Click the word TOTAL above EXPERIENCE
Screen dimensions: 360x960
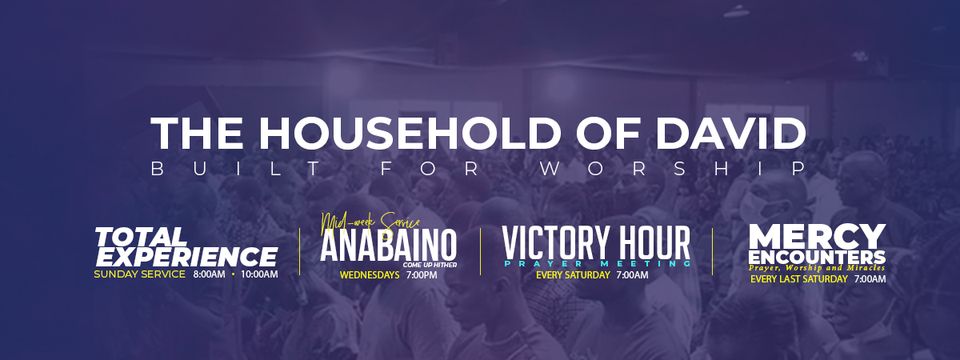click(141, 236)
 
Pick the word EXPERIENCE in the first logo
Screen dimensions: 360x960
click(186, 256)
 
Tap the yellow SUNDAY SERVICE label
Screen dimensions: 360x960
click(139, 274)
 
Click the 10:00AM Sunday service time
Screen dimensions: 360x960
click(259, 274)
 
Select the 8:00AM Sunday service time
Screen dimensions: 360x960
click(209, 274)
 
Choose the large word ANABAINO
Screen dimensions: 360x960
click(388, 245)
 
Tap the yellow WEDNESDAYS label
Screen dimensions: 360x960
click(370, 274)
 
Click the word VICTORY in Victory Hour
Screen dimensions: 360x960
click(555, 243)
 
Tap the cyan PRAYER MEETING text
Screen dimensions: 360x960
click(596, 263)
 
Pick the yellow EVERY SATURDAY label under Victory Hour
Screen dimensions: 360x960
click(573, 275)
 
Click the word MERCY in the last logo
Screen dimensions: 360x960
click(817, 237)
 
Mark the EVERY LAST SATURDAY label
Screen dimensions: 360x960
click(798, 279)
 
